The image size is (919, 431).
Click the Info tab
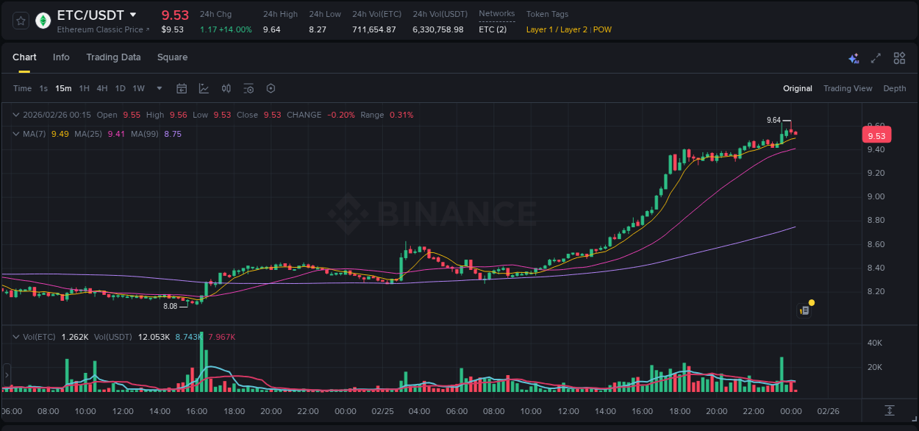[x=61, y=57]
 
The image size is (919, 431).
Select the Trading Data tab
[x=113, y=57]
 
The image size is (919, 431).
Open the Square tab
[x=172, y=57]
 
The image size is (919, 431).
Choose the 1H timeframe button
[x=84, y=88]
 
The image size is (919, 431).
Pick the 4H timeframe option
[x=101, y=88]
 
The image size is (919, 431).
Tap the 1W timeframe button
[x=138, y=88]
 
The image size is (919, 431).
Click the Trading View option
[x=847, y=88]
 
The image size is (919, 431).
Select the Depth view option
[x=894, y=88]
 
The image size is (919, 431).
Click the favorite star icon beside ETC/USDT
[x=21, y=21]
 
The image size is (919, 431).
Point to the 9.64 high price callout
[x=773, y=120]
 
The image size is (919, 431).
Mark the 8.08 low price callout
[x=170, y=306]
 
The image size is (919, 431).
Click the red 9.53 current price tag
[x=876, y=135]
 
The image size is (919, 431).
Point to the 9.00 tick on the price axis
[x=875, y=196]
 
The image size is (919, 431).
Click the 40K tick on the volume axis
[x=875, y=343]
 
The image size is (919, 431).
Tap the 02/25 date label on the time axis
[x=382, y=411]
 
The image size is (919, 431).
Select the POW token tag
[x=602, y=29]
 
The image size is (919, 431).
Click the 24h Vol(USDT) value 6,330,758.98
[x=437, y=29]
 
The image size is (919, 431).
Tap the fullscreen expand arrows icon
[x=876, y=58]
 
